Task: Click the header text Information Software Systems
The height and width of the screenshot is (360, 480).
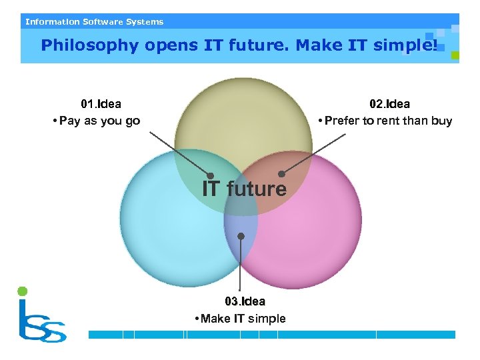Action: coord(94,22)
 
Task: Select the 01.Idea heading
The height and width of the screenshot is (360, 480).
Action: coord(101,104)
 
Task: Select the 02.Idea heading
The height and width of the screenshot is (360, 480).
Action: coord(390,104)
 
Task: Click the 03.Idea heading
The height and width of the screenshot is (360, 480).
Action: coord(245,301)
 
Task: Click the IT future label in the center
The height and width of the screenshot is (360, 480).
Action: coord(244,189)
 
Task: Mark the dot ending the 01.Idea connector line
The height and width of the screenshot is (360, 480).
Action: coord(210,176)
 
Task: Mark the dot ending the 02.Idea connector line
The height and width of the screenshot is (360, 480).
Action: coord(281,174)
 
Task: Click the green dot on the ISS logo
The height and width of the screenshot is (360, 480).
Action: coord(22,291)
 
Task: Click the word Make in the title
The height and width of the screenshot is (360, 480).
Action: coord(319,45)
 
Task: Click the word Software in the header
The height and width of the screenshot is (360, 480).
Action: coord(103,22)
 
